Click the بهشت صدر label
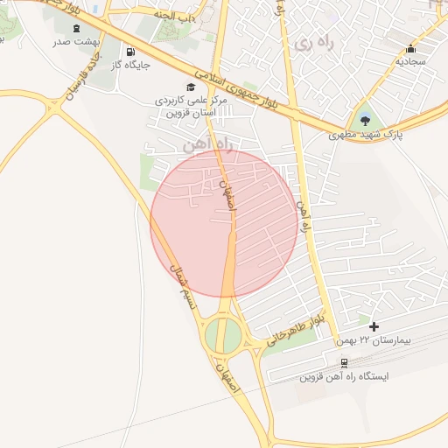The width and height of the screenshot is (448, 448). pos(78,42)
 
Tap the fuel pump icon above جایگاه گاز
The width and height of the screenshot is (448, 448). pos(130,51)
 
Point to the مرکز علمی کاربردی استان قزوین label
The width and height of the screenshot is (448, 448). pos(192,107)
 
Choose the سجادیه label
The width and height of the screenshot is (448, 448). pos(409,62)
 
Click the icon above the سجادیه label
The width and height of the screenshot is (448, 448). pos(410,48)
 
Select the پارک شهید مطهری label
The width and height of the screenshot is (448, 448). pos(363,136)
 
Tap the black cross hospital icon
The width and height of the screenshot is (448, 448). pos(374,325)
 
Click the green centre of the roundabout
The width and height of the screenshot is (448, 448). pos(224,336)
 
